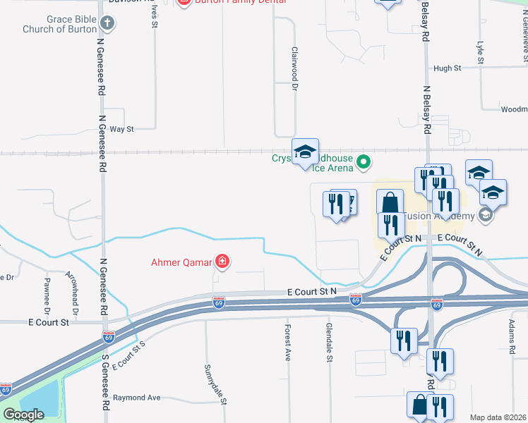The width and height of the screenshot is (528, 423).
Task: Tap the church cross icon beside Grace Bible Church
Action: (x=107, y=24)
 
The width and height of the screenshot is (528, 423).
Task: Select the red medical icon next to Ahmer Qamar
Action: (x=222, y=263)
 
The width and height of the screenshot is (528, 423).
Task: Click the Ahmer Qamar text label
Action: (x=181, y=263)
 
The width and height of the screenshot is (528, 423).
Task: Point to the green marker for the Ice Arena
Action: (x=364, y=163)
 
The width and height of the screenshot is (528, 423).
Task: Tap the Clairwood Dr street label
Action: (x=295, y=68)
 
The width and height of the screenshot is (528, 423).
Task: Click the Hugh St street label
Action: (x=448, y=68)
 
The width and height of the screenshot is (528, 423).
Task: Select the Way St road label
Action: (x=121, y=129)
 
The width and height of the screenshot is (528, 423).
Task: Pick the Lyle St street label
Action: (x=480, y=52)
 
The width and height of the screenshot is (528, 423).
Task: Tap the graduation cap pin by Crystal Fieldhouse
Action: (x=306, y=153)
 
